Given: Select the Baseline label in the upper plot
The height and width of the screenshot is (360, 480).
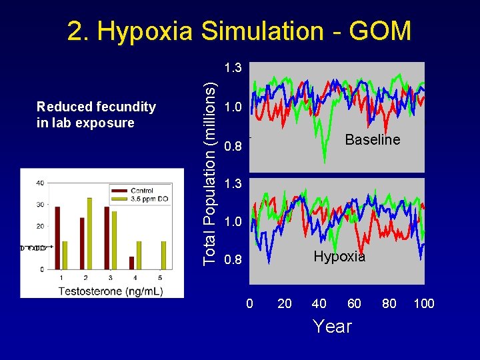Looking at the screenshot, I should [372, 140].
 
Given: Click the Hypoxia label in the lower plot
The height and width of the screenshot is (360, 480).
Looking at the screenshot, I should [339, 257].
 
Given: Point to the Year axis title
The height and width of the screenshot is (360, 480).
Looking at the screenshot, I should [332, 327].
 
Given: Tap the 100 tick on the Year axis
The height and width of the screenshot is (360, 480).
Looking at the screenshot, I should [424, 304].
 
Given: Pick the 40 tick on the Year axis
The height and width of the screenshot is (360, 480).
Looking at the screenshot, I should [319, 304].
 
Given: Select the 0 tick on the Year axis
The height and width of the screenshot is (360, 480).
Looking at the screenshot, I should [249, 304].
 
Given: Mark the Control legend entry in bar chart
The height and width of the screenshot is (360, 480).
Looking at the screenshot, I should [142, 190].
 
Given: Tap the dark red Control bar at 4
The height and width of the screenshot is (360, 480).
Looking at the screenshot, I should [131, 263].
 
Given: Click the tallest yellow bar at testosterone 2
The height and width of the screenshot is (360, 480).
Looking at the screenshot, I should [89, 233].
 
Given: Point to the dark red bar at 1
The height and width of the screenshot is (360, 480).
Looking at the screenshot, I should [57, 237].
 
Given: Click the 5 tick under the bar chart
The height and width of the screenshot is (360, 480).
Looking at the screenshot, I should [160, 277].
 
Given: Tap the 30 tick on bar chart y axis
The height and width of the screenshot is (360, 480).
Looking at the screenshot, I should [41, 205].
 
